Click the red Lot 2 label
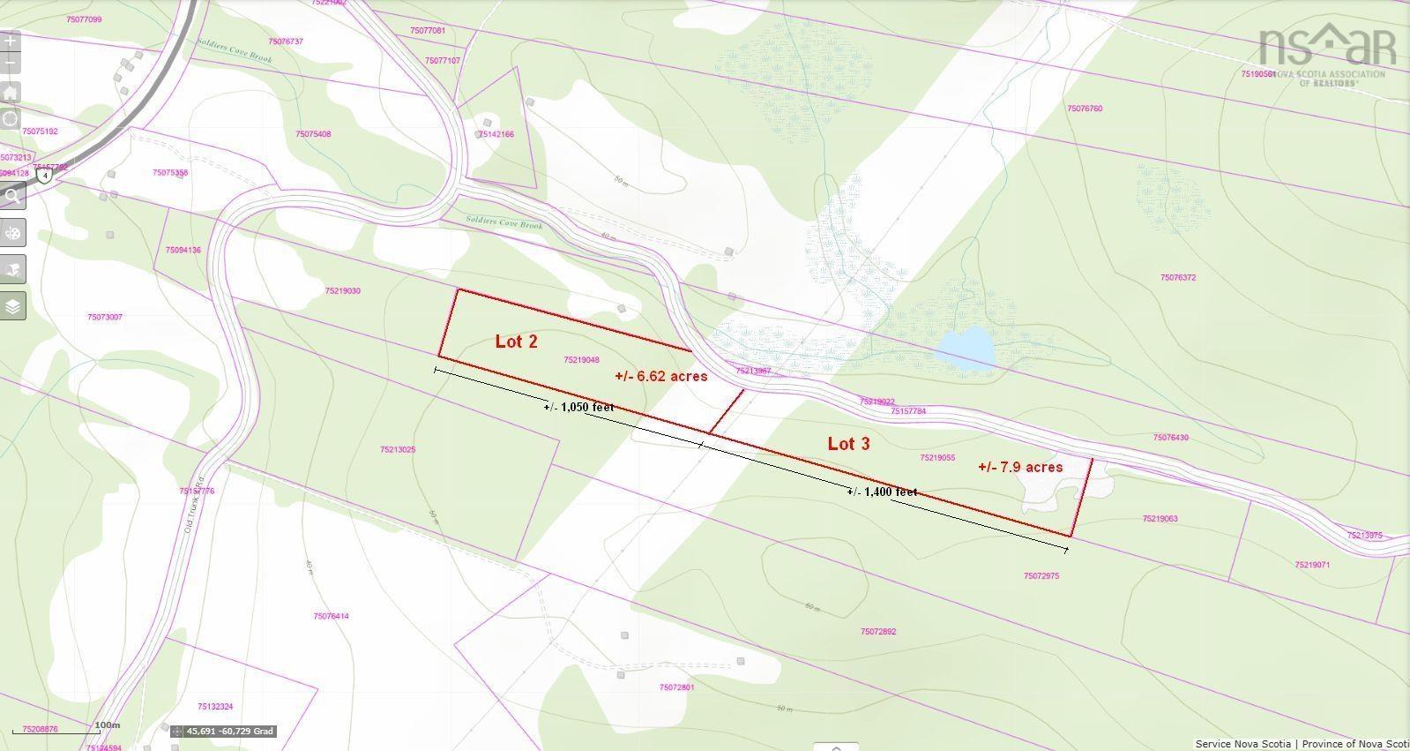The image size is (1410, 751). (516, 342)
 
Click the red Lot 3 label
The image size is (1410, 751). (848, 444)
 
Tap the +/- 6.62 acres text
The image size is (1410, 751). (661, 376)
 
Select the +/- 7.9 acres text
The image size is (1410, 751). (1020, 467)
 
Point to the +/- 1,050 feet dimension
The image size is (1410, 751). (578, 407)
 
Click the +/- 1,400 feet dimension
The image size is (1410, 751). (882, 492)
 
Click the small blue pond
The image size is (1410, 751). (966, 348)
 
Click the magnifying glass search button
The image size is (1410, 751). (12, 196)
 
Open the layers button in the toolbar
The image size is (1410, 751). (12, 306)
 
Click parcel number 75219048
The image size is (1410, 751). (581, 360)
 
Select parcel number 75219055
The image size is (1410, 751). (936, 458)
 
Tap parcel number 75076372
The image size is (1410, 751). (1177, 278)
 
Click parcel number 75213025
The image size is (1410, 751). (398, 450)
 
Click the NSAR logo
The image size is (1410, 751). (1326, 53)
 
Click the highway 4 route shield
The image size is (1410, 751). (45, 176)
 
